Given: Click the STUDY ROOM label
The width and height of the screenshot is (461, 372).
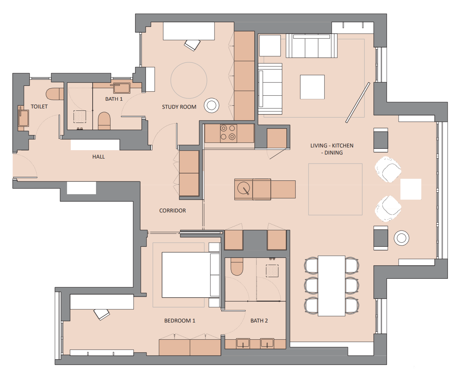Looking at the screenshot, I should [179, 107].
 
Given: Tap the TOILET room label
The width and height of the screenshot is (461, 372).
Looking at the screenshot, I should [39, 106].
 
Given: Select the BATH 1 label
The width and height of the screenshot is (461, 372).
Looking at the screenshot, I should [114, 99].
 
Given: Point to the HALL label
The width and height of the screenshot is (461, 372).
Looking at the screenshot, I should [98, 157].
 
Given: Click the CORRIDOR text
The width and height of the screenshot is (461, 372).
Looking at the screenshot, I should [172, 210].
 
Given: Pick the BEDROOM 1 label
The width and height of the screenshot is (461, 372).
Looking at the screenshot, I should [179, 320].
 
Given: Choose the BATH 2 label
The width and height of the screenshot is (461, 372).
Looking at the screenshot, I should [259, 320].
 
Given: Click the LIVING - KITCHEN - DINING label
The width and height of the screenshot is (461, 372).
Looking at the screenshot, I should [332, 149].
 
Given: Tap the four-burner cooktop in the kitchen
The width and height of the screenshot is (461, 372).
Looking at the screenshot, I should [228, 132].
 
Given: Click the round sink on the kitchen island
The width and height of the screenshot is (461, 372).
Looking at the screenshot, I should [243, 188].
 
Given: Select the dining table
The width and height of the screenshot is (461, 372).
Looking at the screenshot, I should [331, 286].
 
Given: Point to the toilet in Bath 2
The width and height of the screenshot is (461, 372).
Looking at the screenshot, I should [237, 267].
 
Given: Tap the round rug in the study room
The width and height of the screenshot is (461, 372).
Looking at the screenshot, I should [189, 80].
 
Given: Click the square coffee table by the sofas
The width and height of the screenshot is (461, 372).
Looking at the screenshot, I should [312, 87].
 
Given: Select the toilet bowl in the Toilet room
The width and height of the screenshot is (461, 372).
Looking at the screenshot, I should [54, 94].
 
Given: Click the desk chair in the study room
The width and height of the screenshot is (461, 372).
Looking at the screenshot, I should [192, 45].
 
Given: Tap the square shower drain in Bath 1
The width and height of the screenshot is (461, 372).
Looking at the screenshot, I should [80, 116].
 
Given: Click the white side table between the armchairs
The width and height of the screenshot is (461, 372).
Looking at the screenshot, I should [410, 189].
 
